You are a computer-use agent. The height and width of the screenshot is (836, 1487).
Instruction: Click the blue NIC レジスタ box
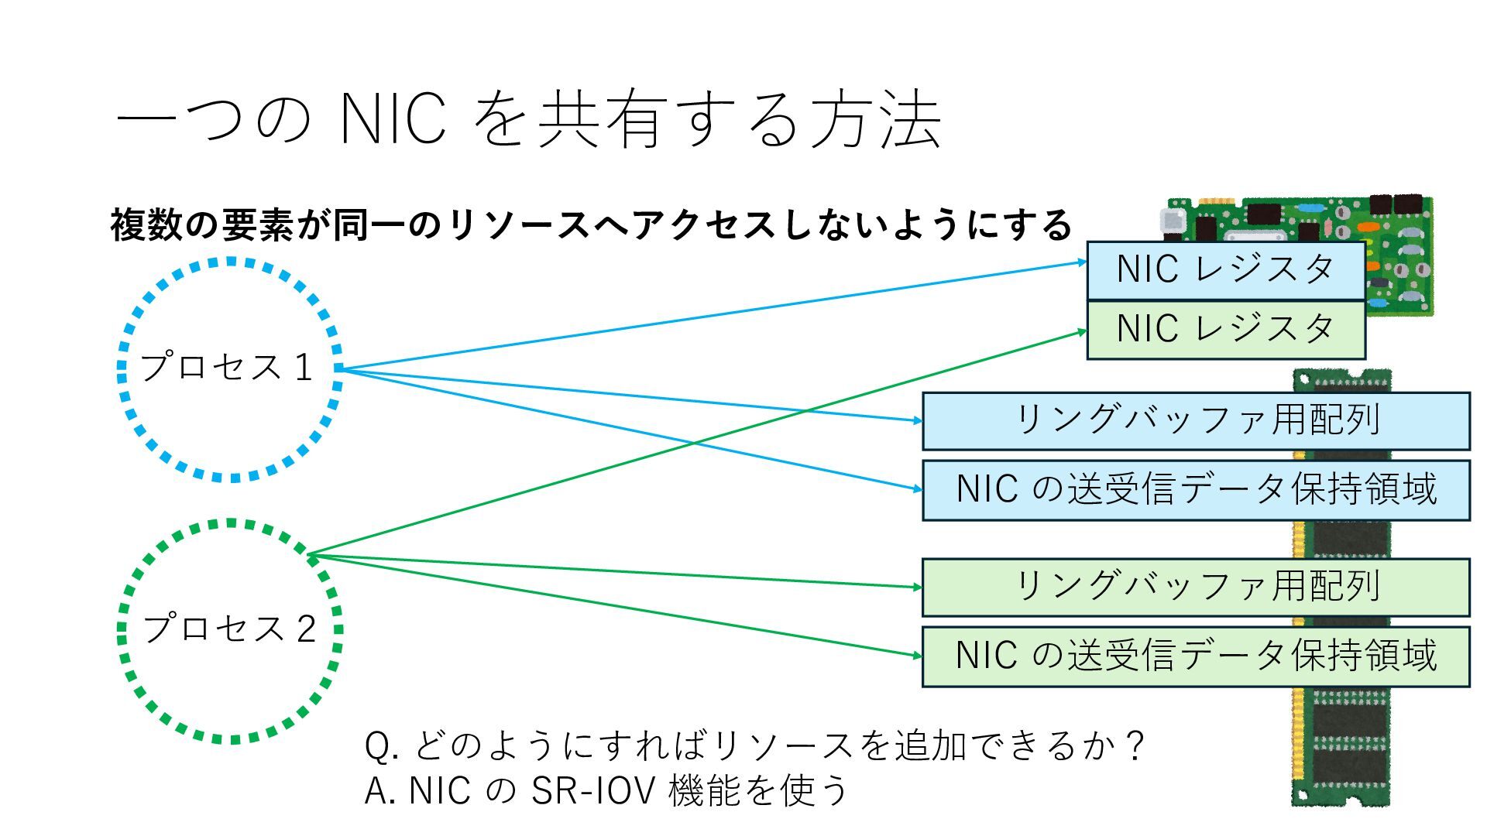(x=1225, y=270)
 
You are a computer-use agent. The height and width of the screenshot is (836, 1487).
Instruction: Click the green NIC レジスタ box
(x=1225, y=330)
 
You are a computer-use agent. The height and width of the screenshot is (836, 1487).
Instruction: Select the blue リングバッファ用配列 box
(x=1196, y=420)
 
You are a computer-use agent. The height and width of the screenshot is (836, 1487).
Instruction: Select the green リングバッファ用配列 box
(x=1196, y=587)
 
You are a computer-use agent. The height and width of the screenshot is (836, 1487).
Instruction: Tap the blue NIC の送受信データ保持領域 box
(x=1196, y=489)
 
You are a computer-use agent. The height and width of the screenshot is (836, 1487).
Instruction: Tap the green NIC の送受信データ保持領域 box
(x=1196, y=656)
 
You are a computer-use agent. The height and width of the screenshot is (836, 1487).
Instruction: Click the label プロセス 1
(x=227, y=368)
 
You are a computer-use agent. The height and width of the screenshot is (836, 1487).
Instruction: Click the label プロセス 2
(x=230, y=629)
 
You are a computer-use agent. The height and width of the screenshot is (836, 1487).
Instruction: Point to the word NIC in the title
(x=393, y=120)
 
